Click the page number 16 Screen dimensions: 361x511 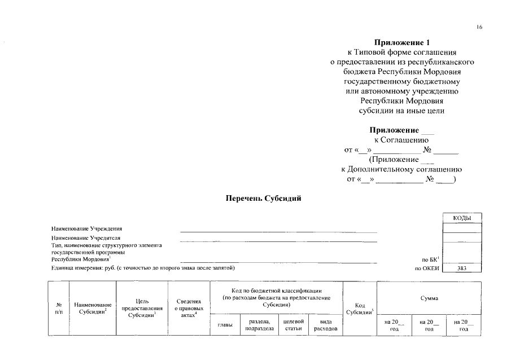point(479,27)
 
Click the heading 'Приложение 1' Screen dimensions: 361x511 point(401,42)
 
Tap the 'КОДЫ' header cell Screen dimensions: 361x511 point(462,218)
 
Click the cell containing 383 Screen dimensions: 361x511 point(462,268)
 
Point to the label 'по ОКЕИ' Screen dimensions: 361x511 point(426,268)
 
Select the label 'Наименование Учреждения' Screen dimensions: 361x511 point(86,228)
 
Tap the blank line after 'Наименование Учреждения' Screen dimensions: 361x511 point(278,231)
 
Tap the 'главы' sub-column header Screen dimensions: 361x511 point(225,325)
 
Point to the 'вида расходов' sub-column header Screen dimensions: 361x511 point(325,325)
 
